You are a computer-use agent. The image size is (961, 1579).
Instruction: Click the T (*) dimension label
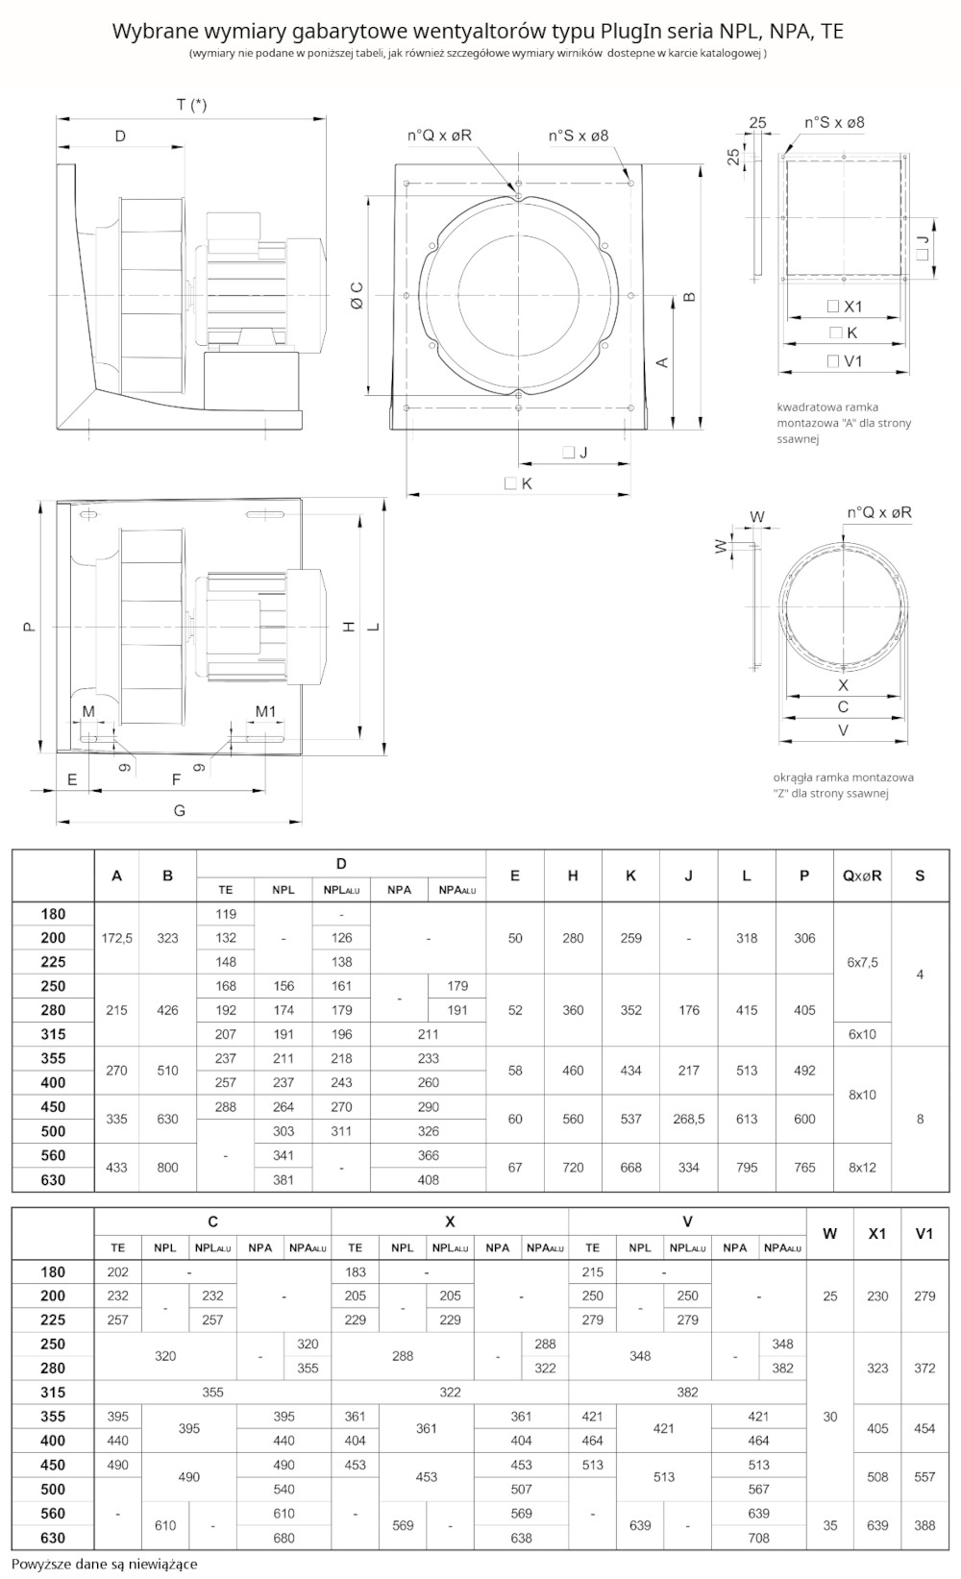[x=190, y=105]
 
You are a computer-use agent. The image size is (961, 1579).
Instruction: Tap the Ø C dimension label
[x=357, y=295]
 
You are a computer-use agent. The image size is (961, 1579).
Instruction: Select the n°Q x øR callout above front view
[x=439, y=136]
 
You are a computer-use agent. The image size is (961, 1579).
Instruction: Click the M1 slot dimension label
[x=265, y=712]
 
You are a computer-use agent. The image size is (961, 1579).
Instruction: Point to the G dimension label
[x=180, y=811]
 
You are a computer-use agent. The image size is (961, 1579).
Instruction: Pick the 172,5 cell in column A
[x=117, y=938]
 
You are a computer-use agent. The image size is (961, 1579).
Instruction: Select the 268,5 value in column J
[x=688, y=1119]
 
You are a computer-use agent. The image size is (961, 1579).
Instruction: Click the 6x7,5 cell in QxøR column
[x=862, y=962]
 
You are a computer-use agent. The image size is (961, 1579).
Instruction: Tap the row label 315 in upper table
[x=54, y=1034]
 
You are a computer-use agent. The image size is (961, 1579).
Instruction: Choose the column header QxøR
[x=862, y=876]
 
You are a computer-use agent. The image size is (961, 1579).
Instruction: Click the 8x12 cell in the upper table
[x=862, y=1168]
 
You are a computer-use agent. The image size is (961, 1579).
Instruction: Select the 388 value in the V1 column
[x=924, y=1525]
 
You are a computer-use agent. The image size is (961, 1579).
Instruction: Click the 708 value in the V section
[x=758, y=1538]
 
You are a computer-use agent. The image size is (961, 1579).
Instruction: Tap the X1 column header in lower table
[x=877, y=1234]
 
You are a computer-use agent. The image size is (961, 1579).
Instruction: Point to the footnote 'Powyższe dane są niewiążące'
[x=105, y=1564]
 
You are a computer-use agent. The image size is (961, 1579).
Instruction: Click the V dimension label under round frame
[x=843, y=730]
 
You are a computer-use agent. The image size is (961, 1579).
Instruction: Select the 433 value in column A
[x=117, y=1168]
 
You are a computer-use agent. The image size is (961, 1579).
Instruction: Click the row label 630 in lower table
[x=54, y=1538]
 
